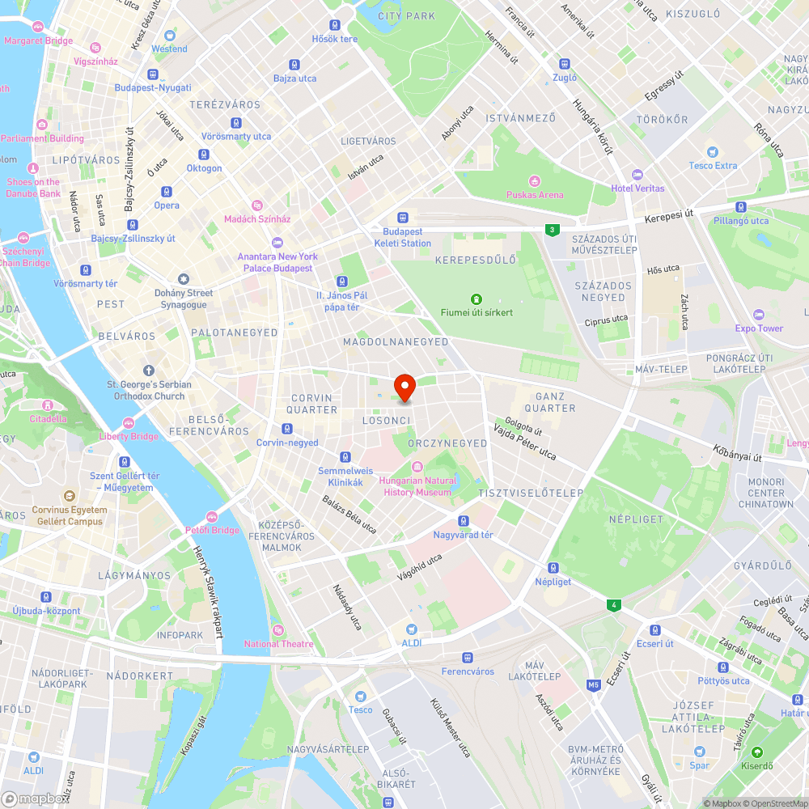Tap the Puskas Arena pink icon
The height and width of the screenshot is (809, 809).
(534, 181)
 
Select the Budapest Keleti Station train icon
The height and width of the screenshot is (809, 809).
(402, 218)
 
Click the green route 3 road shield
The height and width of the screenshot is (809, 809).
(552, 230)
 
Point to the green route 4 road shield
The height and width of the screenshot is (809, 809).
(615, 604)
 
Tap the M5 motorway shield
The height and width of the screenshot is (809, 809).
(594, 685)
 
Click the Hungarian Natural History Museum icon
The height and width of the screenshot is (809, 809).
(417, 467)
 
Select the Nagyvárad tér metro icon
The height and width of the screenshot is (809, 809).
(464, 521)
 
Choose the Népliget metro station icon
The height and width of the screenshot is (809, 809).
(553, 568)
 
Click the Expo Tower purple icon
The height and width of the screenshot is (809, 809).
(758, 315)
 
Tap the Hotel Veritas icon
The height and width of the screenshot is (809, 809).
(637, 175)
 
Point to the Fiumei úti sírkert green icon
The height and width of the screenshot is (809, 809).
(477, 299)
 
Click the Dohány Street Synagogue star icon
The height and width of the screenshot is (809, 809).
(184, 279)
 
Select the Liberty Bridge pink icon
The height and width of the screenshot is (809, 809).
(129, 423)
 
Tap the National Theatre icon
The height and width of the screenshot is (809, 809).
(278, 630)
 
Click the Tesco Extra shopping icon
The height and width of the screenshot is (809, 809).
(713, 152)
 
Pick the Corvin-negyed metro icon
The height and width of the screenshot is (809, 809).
(287, 429)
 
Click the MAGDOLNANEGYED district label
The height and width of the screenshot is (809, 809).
(396, 342)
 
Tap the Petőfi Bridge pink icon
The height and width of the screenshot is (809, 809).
(212, 517)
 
